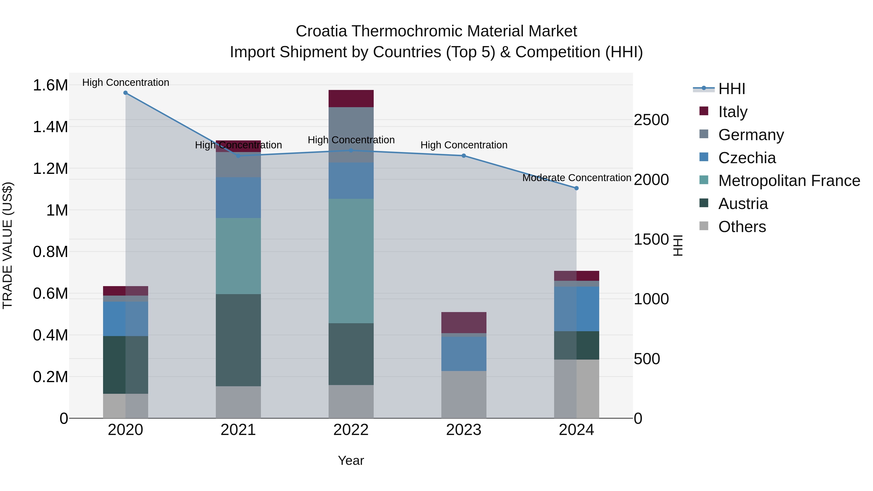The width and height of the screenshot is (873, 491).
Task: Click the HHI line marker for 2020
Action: [125, 93]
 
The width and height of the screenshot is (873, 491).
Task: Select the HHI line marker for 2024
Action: [576, 188]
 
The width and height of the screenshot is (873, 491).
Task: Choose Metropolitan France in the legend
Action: [789, 181]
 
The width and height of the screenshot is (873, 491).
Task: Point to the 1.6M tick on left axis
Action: [50, 85]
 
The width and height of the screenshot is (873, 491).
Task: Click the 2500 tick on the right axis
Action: [651, 120]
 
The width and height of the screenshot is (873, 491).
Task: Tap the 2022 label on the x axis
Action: [351, 430]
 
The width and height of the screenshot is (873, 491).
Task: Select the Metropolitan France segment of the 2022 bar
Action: [351, 261]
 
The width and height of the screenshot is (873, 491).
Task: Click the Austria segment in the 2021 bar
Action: [238, 340]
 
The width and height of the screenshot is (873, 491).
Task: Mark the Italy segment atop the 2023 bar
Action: [464, 322]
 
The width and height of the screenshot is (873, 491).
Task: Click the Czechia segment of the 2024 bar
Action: [576, 309]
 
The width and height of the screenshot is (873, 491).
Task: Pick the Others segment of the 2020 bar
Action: [125, 406]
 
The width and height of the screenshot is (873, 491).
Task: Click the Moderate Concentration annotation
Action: [576, 177]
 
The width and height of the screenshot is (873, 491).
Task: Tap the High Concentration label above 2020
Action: [125, 82]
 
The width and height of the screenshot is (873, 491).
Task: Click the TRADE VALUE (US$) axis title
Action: [8, 245]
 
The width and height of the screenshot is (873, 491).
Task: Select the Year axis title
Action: [351, 460]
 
